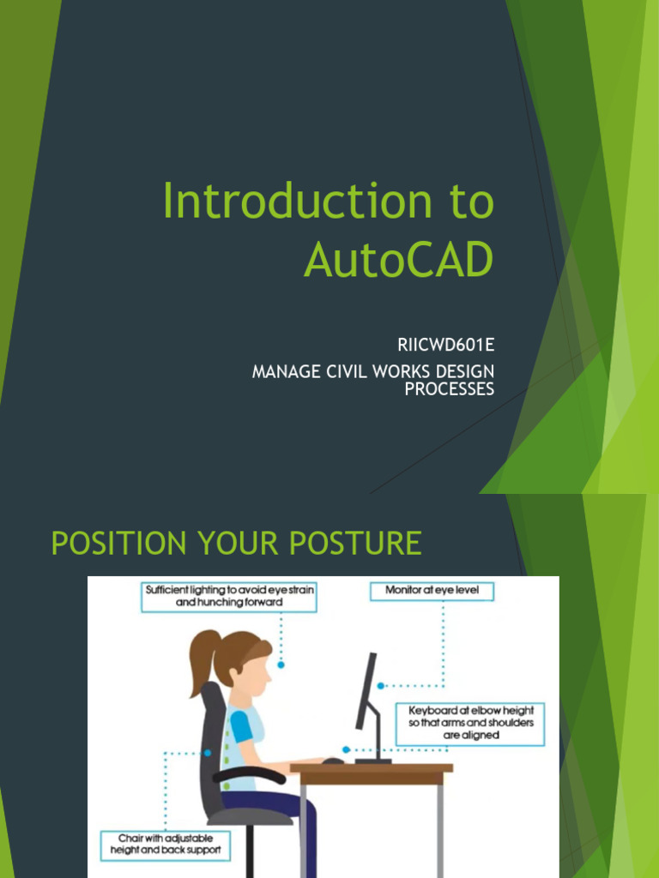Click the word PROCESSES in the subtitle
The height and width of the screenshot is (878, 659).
[x=449, y=388]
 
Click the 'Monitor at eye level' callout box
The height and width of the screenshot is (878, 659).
[x=432, y=591]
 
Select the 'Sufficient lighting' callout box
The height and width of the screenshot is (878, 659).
[x=228, y=596]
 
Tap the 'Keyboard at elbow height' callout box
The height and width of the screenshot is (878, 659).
[x=470, y=723]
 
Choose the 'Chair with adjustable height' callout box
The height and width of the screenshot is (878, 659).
[x=166, y=844]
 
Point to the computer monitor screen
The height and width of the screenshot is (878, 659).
[x=367, y=691]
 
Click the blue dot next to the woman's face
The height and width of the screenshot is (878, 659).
[x=281, y=665]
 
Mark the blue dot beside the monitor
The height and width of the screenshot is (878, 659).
[x=381, y=686]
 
